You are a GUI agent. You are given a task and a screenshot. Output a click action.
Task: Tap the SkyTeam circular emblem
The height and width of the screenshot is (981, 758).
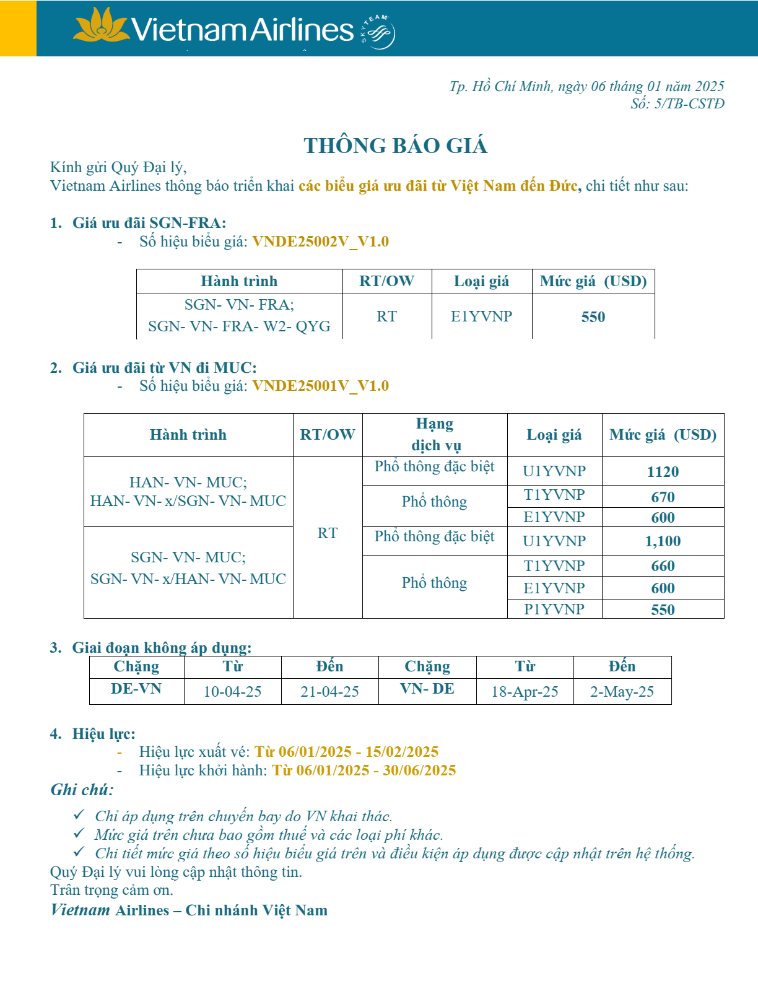coord(378,32)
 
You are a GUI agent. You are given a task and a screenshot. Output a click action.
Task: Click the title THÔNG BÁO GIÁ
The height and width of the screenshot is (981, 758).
coord(395,146)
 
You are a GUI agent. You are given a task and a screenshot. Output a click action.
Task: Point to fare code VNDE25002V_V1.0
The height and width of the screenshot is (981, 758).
coord(320,242)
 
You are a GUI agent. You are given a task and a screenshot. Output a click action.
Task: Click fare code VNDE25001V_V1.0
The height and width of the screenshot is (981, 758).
coord(320,386)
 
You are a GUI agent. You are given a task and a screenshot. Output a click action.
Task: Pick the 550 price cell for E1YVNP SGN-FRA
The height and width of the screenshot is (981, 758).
coord(593,317)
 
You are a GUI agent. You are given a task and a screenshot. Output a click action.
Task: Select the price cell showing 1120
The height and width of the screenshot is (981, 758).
coord(663,472)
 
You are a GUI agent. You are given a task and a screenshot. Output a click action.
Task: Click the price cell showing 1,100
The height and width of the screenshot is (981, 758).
coord(663,541)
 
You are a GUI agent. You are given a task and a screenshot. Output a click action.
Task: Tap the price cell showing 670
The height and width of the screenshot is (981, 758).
coord(663,497)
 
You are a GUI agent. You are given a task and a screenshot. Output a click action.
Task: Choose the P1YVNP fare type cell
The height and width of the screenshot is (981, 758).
coord(554,609)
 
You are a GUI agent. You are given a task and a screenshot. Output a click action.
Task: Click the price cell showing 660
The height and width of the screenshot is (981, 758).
coord(663,566)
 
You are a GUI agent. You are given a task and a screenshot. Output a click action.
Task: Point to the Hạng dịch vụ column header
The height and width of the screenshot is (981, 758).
coord(435,435)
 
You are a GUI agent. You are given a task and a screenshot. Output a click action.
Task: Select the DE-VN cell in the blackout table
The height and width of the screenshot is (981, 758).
coord(136,689)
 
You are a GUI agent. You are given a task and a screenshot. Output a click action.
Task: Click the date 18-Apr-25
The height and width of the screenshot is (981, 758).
coord(525,692)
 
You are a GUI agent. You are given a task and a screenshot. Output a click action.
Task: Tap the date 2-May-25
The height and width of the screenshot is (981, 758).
coord(622,692)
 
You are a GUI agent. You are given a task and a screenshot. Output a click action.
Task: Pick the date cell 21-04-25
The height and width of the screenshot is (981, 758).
coord(329,692)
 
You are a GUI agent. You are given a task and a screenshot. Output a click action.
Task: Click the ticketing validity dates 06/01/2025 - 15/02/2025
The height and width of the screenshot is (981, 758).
coord(347,752)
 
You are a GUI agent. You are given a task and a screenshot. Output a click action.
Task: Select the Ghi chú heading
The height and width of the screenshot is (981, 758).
coord(82,790)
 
